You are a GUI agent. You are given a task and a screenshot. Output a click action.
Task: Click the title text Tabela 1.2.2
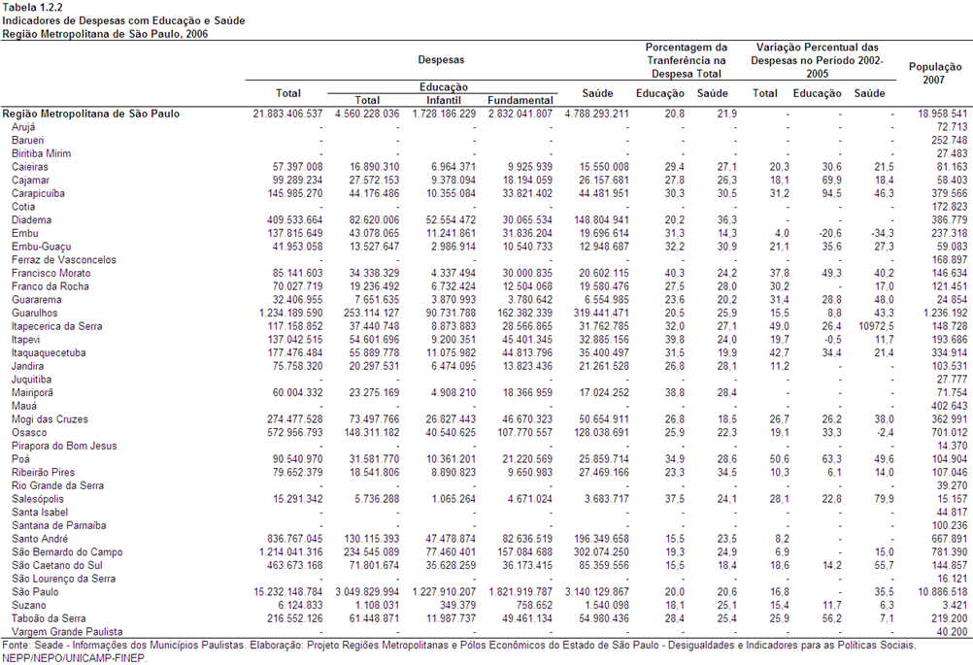coord(32,8)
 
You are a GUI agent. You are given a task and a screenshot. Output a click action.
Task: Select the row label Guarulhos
coord(34,314)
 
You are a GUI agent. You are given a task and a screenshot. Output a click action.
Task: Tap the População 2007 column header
coord(935,73)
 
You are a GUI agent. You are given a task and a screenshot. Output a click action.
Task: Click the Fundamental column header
coord(520,101)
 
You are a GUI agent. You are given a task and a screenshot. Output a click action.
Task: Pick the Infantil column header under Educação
coord(444,101)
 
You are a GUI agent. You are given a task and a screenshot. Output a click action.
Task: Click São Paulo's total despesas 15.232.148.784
coord(288,592)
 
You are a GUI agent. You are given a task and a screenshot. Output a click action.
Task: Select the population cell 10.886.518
coord(942,592)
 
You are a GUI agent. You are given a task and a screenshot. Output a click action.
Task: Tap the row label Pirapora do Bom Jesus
coord(64,446)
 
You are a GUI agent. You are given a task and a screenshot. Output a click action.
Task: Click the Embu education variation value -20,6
coord(829,233)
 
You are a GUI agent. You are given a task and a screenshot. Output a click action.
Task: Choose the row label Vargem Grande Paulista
coord(67,631)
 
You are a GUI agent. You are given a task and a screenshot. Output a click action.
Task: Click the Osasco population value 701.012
coord(949,432)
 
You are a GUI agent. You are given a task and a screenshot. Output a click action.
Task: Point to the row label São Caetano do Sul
coord(57,566)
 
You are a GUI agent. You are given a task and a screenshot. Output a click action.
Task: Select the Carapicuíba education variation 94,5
coord(831,193)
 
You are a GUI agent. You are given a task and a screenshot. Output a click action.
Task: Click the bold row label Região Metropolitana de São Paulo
coord(91,115)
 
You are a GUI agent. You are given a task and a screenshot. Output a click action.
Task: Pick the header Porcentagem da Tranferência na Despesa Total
coord(687,60)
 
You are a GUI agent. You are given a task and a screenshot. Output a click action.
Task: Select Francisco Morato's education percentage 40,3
coord(675,273)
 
